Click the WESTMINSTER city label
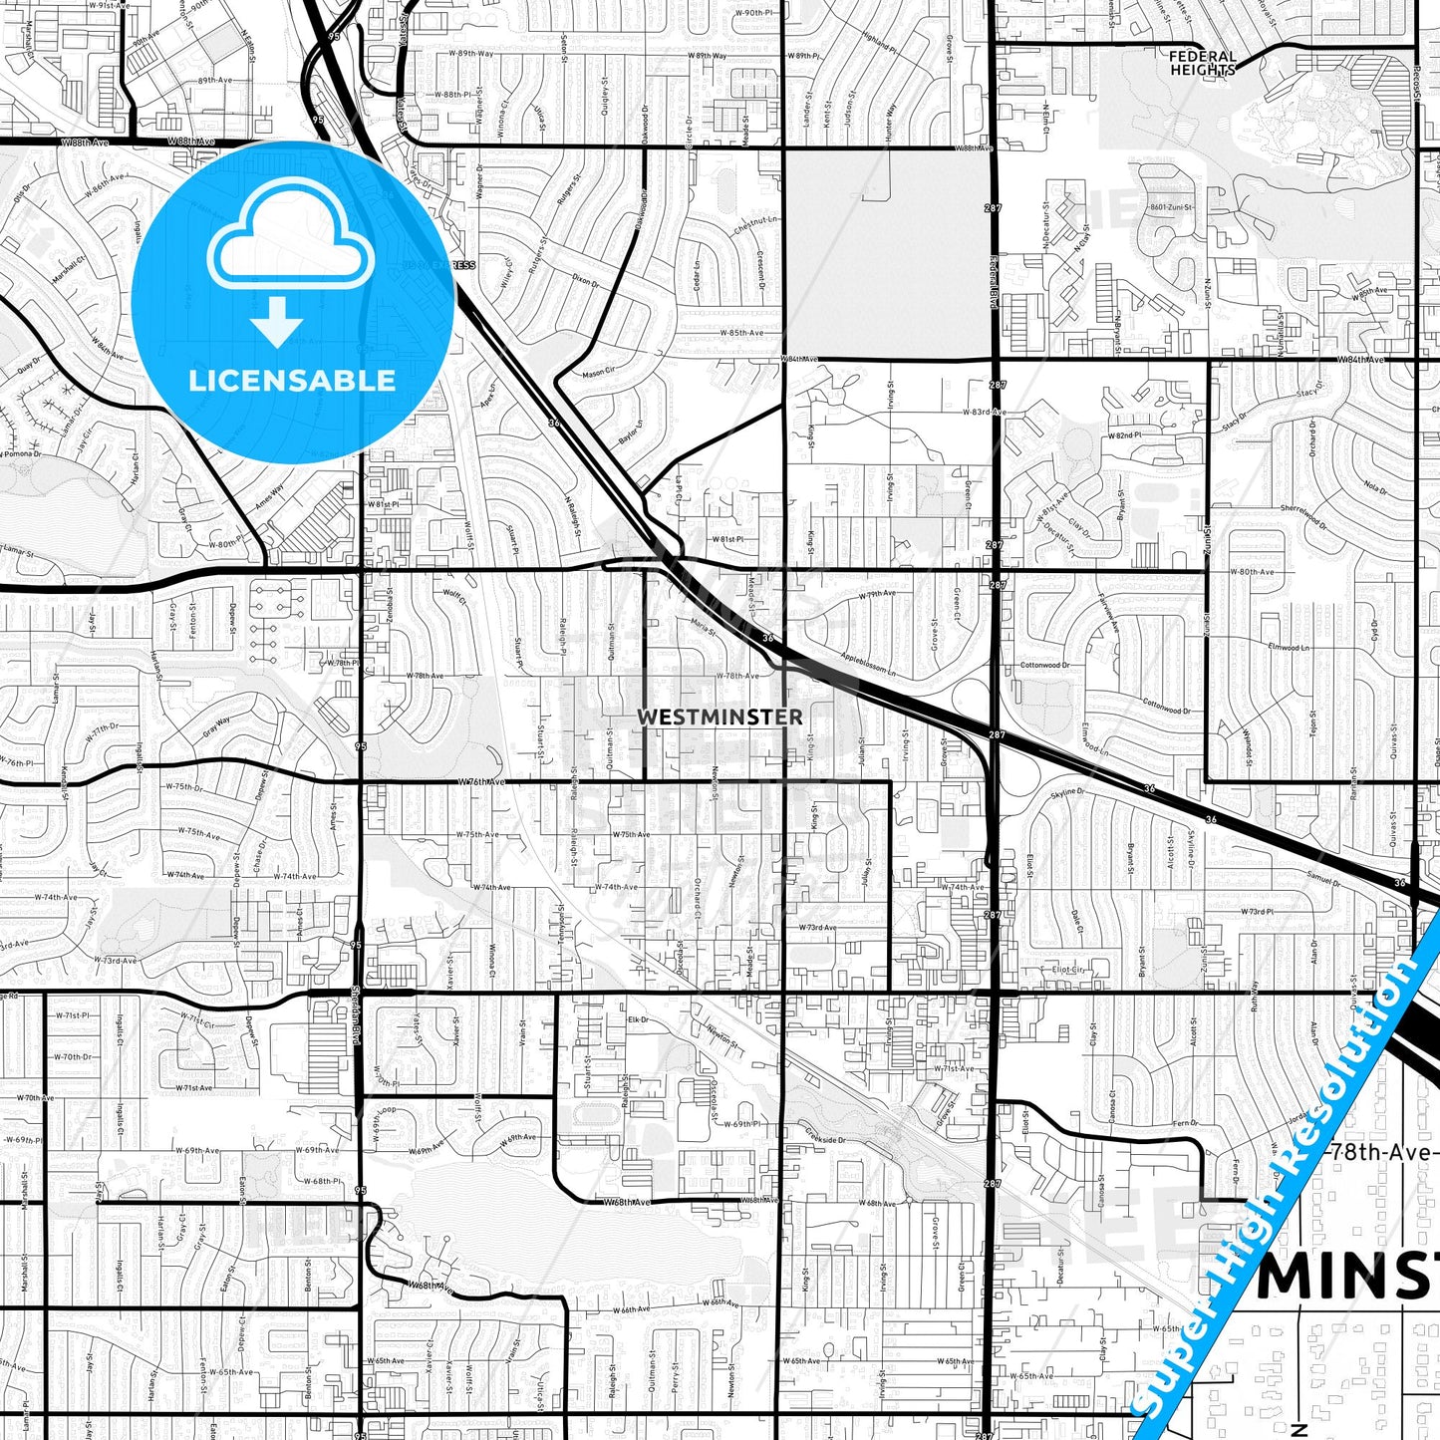tap(719, 717)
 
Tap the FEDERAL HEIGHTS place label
tap(1202, 63)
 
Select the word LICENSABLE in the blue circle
tap(292, 380)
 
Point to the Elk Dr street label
tap(638, 1020)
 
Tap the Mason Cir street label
tap(600, 373)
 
